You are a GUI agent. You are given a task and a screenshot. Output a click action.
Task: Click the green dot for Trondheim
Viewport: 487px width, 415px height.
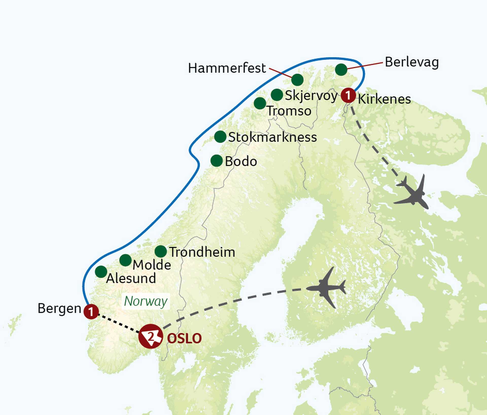click(x=161, y=251)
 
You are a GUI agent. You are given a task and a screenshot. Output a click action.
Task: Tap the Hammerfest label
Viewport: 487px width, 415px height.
click(x=227, y=68)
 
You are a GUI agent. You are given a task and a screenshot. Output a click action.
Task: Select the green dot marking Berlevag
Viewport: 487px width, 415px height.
click(x=341, y=70)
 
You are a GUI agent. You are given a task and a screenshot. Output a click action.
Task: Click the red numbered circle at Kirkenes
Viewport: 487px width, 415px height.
click(x=348, y=95)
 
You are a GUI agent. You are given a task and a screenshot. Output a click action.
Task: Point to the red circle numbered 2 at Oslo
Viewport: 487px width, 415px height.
click(x=151, y=336)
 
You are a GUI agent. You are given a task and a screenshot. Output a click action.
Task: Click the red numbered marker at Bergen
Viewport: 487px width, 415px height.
click(x=91, y=312)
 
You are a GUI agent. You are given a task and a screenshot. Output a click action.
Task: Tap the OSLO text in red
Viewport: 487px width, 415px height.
click(x=184, y=338)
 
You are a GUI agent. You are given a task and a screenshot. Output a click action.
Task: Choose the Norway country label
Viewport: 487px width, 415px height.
click(x=146, y=301)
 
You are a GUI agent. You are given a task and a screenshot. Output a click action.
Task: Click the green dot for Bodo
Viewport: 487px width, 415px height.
click(x=217, y=161)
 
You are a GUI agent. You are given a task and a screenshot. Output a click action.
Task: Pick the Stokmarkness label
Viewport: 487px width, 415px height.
click(x=272, y=137)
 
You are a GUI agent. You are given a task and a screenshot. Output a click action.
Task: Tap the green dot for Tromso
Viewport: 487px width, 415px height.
click(x=260, y=103)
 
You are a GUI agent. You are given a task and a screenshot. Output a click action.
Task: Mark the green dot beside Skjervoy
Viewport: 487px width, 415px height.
click(x=277, y=95)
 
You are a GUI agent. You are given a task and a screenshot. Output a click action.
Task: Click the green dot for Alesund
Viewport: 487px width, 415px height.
click(x=101, y=272)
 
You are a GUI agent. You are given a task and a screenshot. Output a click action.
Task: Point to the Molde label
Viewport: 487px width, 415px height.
click(x=152, y=265)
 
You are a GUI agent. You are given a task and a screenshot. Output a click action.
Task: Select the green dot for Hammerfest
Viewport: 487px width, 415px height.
click(x=297, y=80)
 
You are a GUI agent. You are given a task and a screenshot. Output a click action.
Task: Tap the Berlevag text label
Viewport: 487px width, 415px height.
click(x=412, y=62)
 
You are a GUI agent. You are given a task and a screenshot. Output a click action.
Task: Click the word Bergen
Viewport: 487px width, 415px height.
click(x=59, y=309)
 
